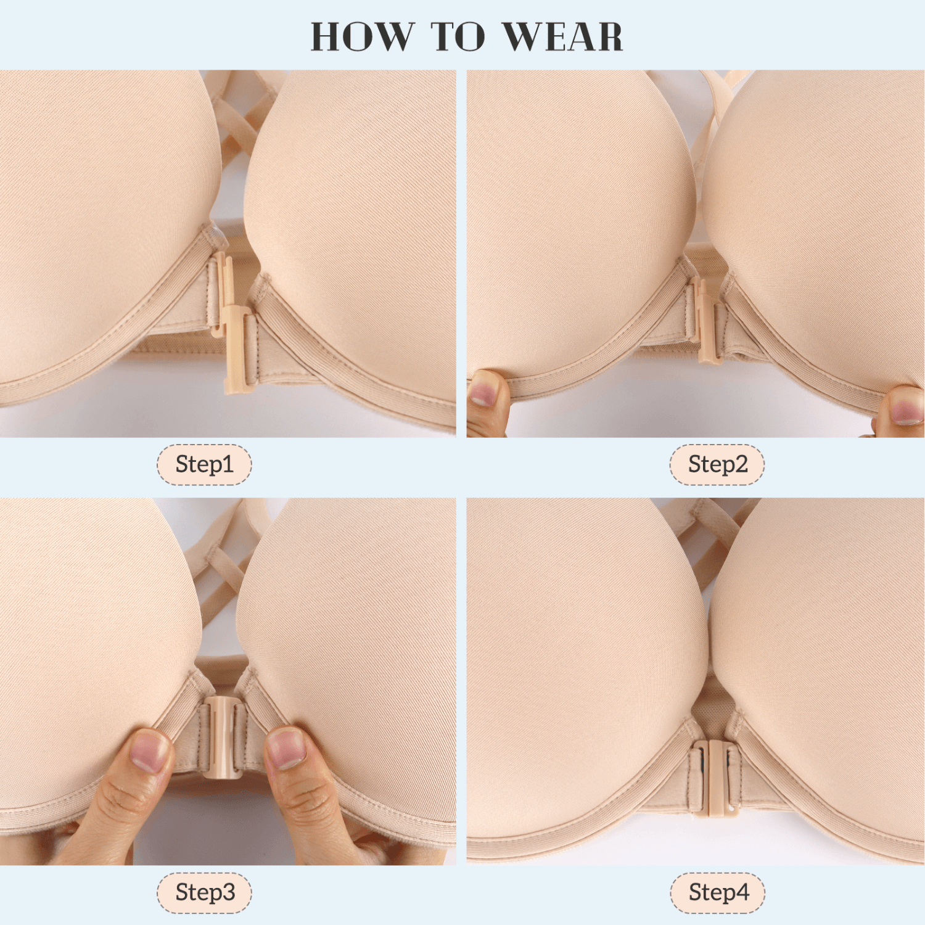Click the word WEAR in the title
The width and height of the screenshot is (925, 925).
[562, 36]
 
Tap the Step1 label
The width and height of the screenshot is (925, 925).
[204, 464]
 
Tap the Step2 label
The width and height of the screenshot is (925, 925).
[717, 464]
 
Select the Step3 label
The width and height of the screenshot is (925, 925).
[204, 892]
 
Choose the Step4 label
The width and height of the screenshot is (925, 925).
[717, 892]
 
